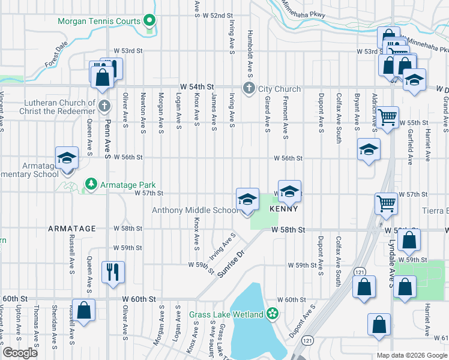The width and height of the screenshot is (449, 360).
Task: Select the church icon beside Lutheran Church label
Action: coord(104,107)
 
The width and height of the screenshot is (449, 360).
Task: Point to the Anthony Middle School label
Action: coord(195,210)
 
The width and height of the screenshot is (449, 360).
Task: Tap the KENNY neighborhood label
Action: coord(284,209)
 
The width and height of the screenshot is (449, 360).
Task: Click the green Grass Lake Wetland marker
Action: coord(273,313)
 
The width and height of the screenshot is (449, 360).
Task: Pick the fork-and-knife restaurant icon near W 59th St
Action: coord(113,272)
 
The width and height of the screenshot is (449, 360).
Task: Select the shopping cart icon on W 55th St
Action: coord(387,116)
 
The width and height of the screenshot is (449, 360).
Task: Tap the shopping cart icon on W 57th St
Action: coord(386,203)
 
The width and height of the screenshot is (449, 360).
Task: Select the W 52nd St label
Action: coord(217,15)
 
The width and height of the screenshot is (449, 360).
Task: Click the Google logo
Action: coord(20,353)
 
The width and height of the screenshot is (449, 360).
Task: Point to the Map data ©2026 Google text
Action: coord(411,355)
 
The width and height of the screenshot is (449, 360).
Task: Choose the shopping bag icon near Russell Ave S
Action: coord(83,310)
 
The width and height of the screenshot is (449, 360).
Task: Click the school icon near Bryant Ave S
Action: coord(369,150)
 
